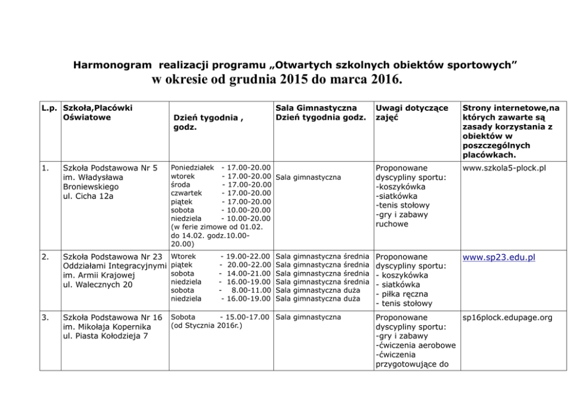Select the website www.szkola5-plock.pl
point(504,168)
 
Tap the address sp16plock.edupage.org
point(507,318)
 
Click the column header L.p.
point(49,108)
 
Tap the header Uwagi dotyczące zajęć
point(404,113)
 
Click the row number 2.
point(45,257)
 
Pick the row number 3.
point(45,318)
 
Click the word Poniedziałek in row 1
point(192,168)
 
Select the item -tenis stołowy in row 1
point(402,206)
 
